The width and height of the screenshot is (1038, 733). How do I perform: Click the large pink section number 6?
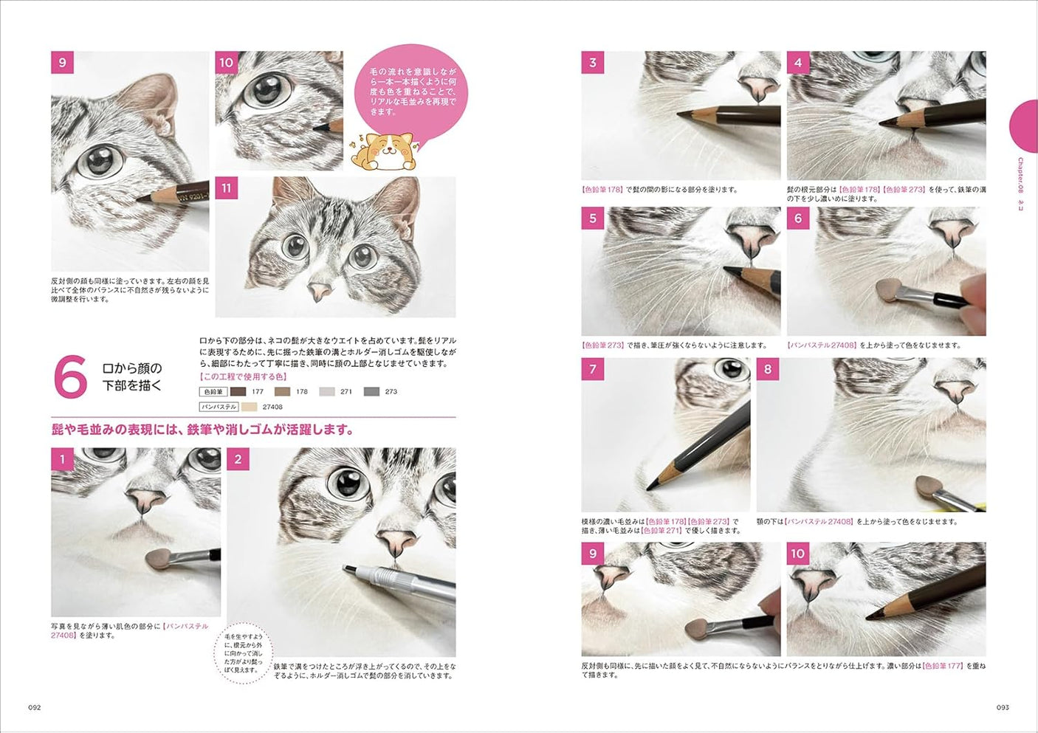[x=72, y=376]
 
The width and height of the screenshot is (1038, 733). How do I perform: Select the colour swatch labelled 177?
[x=238, y=392]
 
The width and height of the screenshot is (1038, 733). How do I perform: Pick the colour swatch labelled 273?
[x=371, y=392]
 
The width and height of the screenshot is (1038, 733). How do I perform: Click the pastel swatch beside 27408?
[x=249, y=407]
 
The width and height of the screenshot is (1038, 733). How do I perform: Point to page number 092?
[x=34, y=707]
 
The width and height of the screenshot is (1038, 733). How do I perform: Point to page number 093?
[x=1002, y=707]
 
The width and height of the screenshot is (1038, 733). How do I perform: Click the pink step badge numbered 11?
[x=226, y=188]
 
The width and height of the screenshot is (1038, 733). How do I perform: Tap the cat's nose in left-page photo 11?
[x=319, y=291]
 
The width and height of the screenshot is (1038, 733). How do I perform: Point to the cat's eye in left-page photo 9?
[x=99, y=162]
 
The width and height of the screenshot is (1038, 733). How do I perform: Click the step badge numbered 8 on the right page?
[x=768, y=369]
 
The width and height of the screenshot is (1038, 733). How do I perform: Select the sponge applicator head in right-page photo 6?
[x=887, y=289]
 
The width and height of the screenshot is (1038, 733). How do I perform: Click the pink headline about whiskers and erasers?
[x=202, y=430]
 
